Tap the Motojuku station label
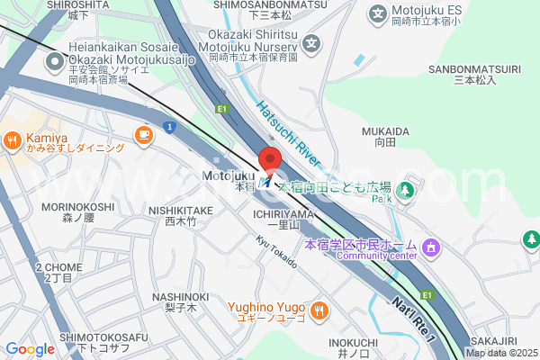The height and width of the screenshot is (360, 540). click(230, 175)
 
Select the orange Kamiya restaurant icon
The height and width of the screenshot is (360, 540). click(13, 139)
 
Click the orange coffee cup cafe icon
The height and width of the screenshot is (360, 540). click(142, 134)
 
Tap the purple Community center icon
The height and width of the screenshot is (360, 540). click(431, 246)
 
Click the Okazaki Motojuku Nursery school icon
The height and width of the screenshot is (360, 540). click(311, 42)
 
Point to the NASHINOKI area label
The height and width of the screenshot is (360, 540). click(180, 297)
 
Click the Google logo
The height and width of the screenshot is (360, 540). click(29, 349)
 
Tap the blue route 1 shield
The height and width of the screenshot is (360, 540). click(169, 127)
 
